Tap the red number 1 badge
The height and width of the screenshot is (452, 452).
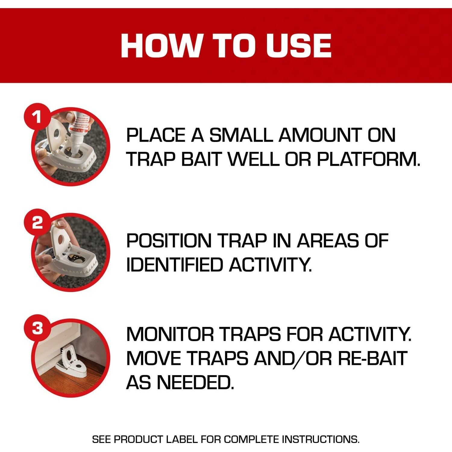[x=37, y=116]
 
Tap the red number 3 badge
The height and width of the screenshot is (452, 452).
[x=37, y=328]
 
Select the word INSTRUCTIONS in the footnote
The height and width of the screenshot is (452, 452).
[x=321, y=439]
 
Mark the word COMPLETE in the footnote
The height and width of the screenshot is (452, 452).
[x=252, y=439]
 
